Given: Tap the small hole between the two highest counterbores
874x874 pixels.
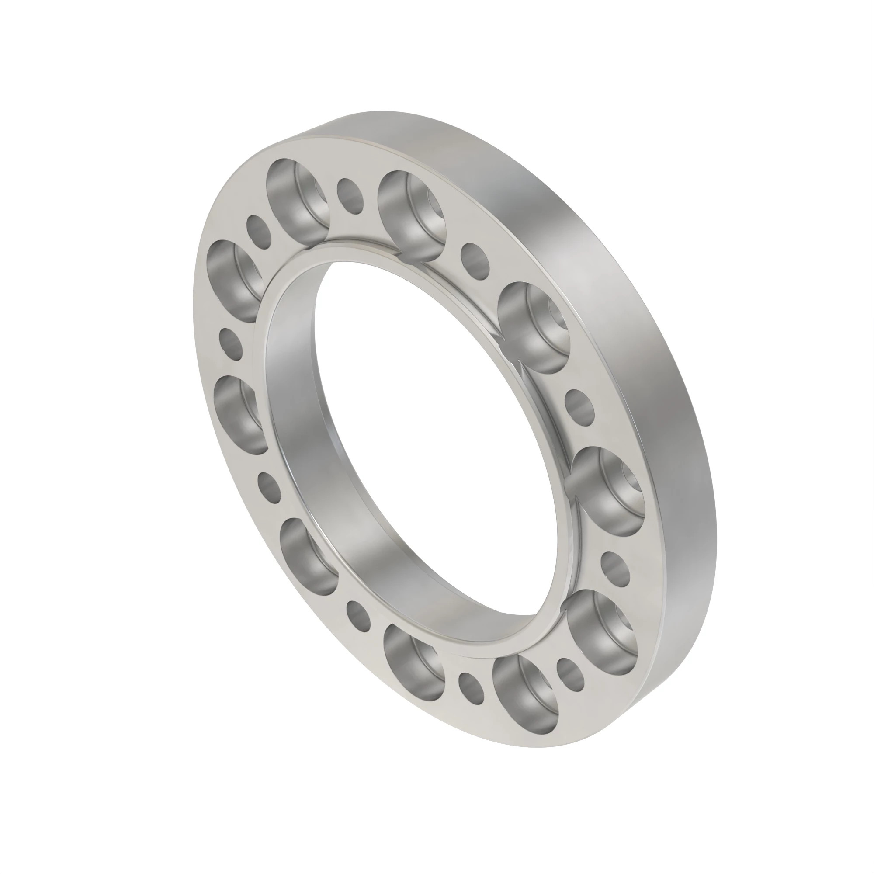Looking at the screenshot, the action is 350,195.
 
